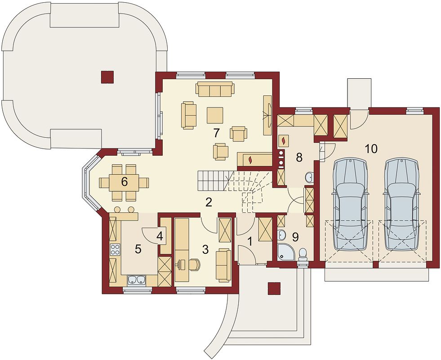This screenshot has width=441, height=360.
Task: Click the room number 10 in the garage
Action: click(x=371, y=148)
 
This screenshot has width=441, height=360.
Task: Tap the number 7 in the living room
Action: click(x=216, y=133)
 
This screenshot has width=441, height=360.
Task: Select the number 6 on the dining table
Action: click(x=125, y=182)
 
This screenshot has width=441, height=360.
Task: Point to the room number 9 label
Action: click(x=295, y=237)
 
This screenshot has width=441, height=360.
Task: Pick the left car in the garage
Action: click(x=350, y=204)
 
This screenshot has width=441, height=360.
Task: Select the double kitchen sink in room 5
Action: click(x=136, y=280)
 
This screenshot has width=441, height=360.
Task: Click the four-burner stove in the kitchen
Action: click(x=115, y=249)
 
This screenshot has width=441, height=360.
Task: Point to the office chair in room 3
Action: click(x=194, y=264)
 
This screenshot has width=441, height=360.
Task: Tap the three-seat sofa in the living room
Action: click(x=215, y=89)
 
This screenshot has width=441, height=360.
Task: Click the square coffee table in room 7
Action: click(x=215, y=115)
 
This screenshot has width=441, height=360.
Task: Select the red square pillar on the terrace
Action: click(x=107, y=77)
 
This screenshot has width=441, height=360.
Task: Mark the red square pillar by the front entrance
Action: click(x=274, y=288)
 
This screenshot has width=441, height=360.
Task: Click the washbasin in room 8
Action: click(x=309, y=177)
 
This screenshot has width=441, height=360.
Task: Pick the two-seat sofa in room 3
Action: click(x=223, y=265)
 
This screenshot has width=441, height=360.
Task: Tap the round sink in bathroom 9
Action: click(x=282, y=234)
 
